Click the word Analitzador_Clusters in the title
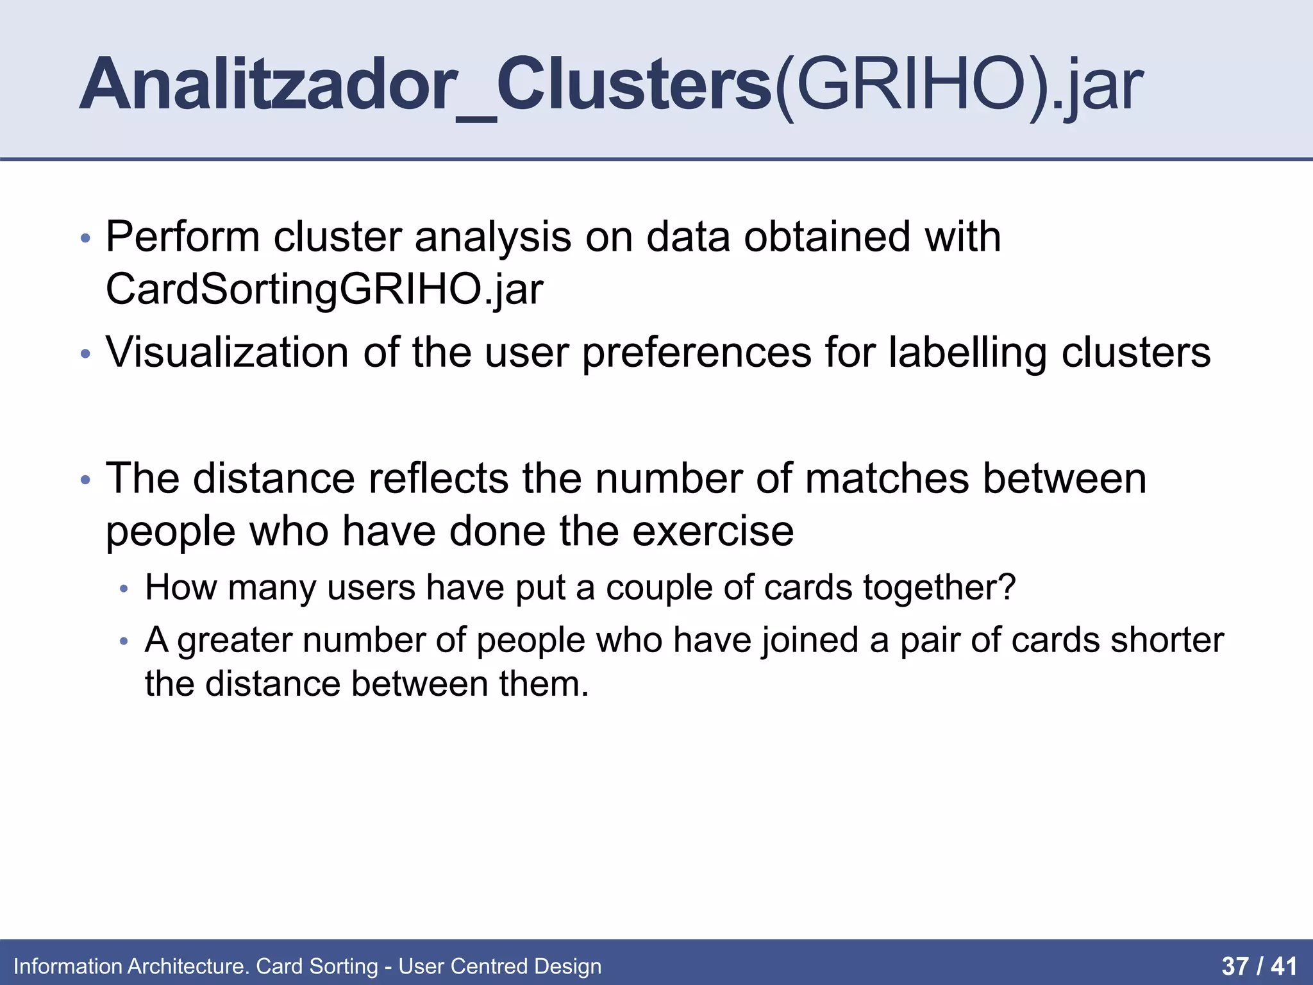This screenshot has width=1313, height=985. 426,85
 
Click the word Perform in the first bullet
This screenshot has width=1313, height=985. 183,237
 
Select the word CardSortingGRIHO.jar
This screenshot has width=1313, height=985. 324,289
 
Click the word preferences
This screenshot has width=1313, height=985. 696,353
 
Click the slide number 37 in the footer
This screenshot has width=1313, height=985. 1235,966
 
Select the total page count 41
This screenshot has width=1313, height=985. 1284,966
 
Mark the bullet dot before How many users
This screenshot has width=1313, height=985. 124,589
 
